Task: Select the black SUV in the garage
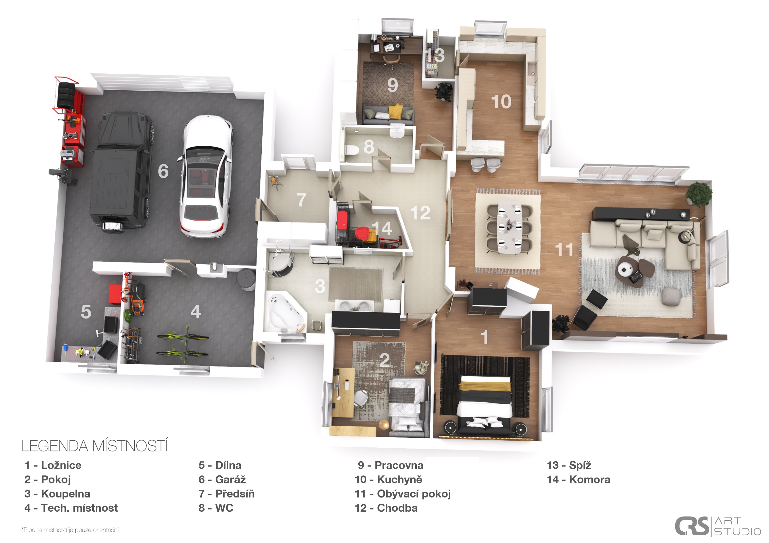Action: click(121, 172)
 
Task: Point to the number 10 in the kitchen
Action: click(501, 102)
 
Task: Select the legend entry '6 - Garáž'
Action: click(222, 479)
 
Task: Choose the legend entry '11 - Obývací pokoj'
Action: click(403, 494)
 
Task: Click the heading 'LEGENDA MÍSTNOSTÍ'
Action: click(94, 446)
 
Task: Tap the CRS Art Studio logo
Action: click(717, 526)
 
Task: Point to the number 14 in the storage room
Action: click(382, 229)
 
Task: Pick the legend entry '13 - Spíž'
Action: click(569, 465)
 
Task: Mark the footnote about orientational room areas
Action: click(70, 530)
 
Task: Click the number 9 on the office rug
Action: click(392, 85)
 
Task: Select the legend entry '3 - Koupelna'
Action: click(57, 494)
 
